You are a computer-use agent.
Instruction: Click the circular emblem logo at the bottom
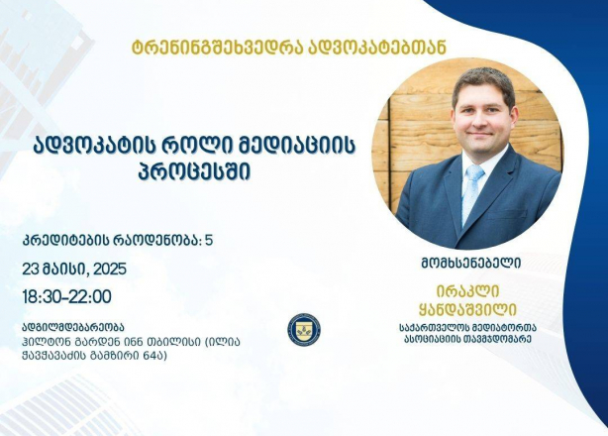pos(304,330)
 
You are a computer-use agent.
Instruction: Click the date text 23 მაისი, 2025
pos(74,269)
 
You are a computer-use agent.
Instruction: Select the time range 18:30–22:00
pos(66,297)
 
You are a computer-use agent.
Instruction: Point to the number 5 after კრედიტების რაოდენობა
pos(209,241)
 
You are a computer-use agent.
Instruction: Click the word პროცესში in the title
pos(194,170)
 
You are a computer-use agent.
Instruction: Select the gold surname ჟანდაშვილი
pos(467,310)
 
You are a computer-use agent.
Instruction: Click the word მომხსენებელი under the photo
pos(470,264)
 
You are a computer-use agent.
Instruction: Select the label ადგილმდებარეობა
pos(73,327)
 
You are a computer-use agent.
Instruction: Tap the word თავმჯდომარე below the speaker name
pos(499,339)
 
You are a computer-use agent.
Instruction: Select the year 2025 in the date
pos(110,269)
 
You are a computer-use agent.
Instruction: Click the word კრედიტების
pos(64,241)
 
